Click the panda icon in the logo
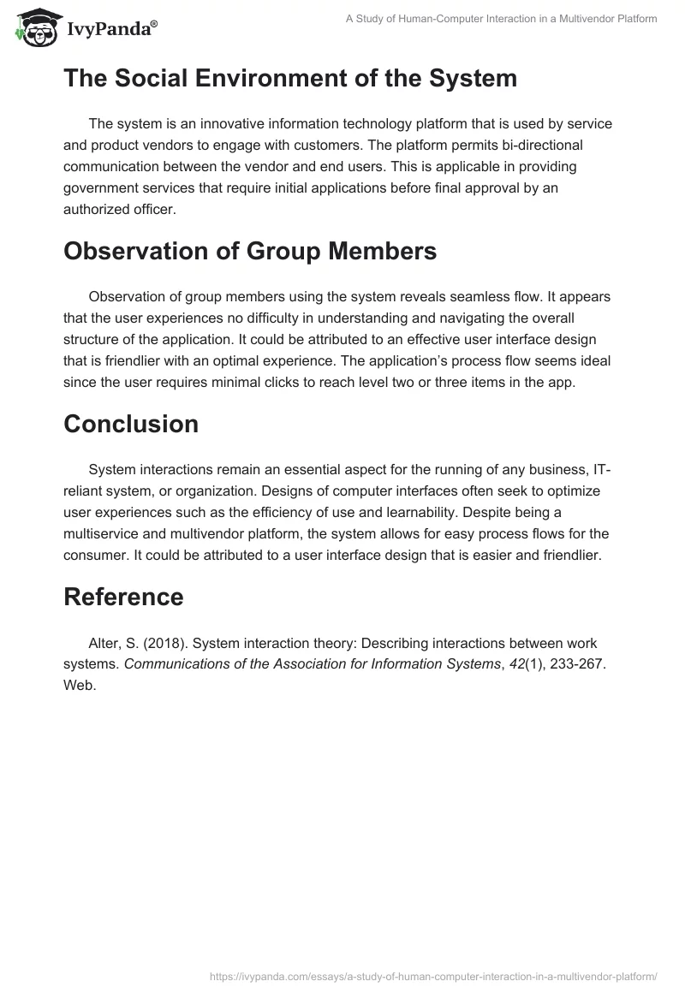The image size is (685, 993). point(33,28)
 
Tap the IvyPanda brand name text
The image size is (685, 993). point(110,31)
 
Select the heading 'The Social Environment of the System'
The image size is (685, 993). point(290,79)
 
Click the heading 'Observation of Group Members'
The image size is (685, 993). point(250,251)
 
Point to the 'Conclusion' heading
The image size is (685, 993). point(131,424)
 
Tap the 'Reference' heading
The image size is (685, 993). point(123,597)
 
